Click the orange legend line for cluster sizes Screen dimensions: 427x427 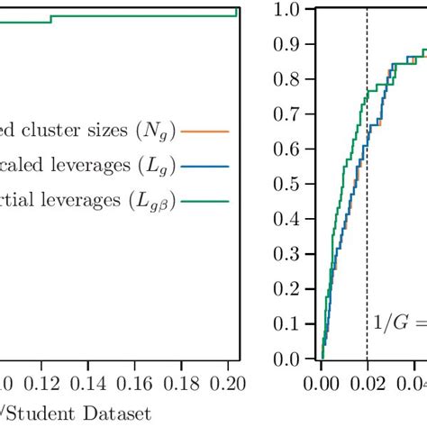(205, 132)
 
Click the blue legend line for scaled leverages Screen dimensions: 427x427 (205, 167)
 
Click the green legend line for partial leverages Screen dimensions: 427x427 (205, 202)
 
